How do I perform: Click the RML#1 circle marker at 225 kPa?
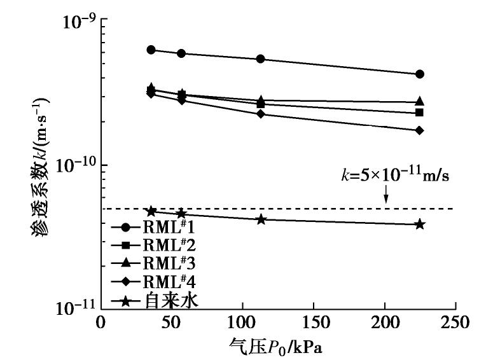[420, 74]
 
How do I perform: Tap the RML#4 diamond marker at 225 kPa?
[420, 130]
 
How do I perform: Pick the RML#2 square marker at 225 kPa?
[420, 113]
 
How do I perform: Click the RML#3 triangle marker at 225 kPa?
[420, 102]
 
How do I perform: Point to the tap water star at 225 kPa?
[420, 224]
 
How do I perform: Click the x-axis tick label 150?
[313, 322]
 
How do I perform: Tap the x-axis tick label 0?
[100, 322]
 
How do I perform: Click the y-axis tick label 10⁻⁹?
[75, 20]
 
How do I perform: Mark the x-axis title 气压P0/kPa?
[278, 347]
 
